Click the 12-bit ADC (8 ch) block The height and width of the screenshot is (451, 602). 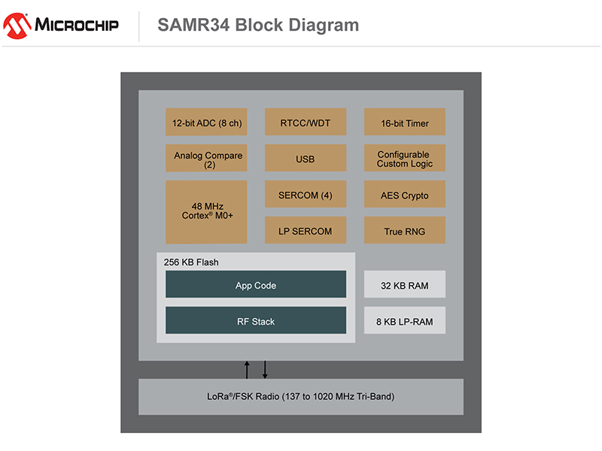[x=206, y=123]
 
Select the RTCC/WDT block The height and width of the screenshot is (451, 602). [x=306, y=123]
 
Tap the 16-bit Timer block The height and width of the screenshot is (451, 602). [x=405, y=123]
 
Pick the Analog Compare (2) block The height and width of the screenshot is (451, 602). [x=206, y=159]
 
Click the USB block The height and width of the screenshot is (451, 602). [x=306, y=159]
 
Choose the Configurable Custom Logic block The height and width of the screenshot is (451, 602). [x=405, y=159]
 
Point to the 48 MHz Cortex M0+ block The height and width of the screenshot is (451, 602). [x=206, y=211]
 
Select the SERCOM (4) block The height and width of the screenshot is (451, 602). [x=306, y=195]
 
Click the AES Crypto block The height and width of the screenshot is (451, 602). [x=405, y=195]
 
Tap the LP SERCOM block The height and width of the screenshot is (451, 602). [x=306, y=231]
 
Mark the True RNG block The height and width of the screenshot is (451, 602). [x=405, y=231]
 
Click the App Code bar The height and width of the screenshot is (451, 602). [x=256, y=285]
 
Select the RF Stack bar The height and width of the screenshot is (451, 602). [x=256, y=321]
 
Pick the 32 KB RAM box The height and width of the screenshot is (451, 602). [x=405, y=285]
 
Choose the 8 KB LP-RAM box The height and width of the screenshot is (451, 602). [x=405, y=321]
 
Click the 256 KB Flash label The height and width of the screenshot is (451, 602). [x=191, y=262]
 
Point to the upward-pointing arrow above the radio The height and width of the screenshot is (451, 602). [x=247, y=369]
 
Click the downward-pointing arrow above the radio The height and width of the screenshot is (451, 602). [x=265, y=369]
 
